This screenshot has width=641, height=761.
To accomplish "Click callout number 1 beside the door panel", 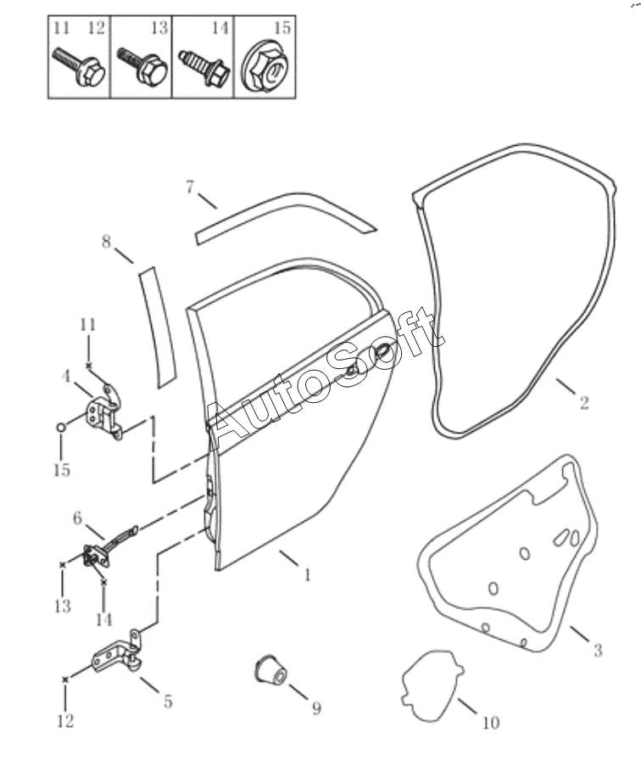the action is pyautogui.click(x=306, y=575).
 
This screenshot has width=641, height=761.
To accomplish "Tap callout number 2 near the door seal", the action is pyautogui.click(x=584, y=402).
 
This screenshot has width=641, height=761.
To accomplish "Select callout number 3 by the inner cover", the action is pyautogui.click(x=598, y=651).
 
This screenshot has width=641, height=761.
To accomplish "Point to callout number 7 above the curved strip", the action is pyautogui.click(x=190, y=187).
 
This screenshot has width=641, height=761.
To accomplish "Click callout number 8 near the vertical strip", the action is pyautogui.click(x=106, y=241).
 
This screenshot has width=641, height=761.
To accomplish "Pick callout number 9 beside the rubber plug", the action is pyautogui.click(x=316, y=708).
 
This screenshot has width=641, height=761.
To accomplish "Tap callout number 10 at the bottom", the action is pyautogui.click(x=491, y=723).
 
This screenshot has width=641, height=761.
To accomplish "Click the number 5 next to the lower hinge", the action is pyautogui.click(x=168, y=702).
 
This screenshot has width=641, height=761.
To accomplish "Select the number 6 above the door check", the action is pyautogui.click(x=77, y=518).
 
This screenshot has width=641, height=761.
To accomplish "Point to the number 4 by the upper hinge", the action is pyautogui.click(x=65, y=376).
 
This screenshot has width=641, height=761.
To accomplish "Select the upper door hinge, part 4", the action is pyautogui.click(x=106, y=412).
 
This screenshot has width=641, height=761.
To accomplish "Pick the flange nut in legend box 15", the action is pyautogui.click(x=265, y=68).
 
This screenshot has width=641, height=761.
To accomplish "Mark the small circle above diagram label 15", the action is pyautogui.click(x=61, y=428).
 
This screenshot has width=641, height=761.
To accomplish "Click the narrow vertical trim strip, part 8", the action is pyautogui.click(x=156, y=327).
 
